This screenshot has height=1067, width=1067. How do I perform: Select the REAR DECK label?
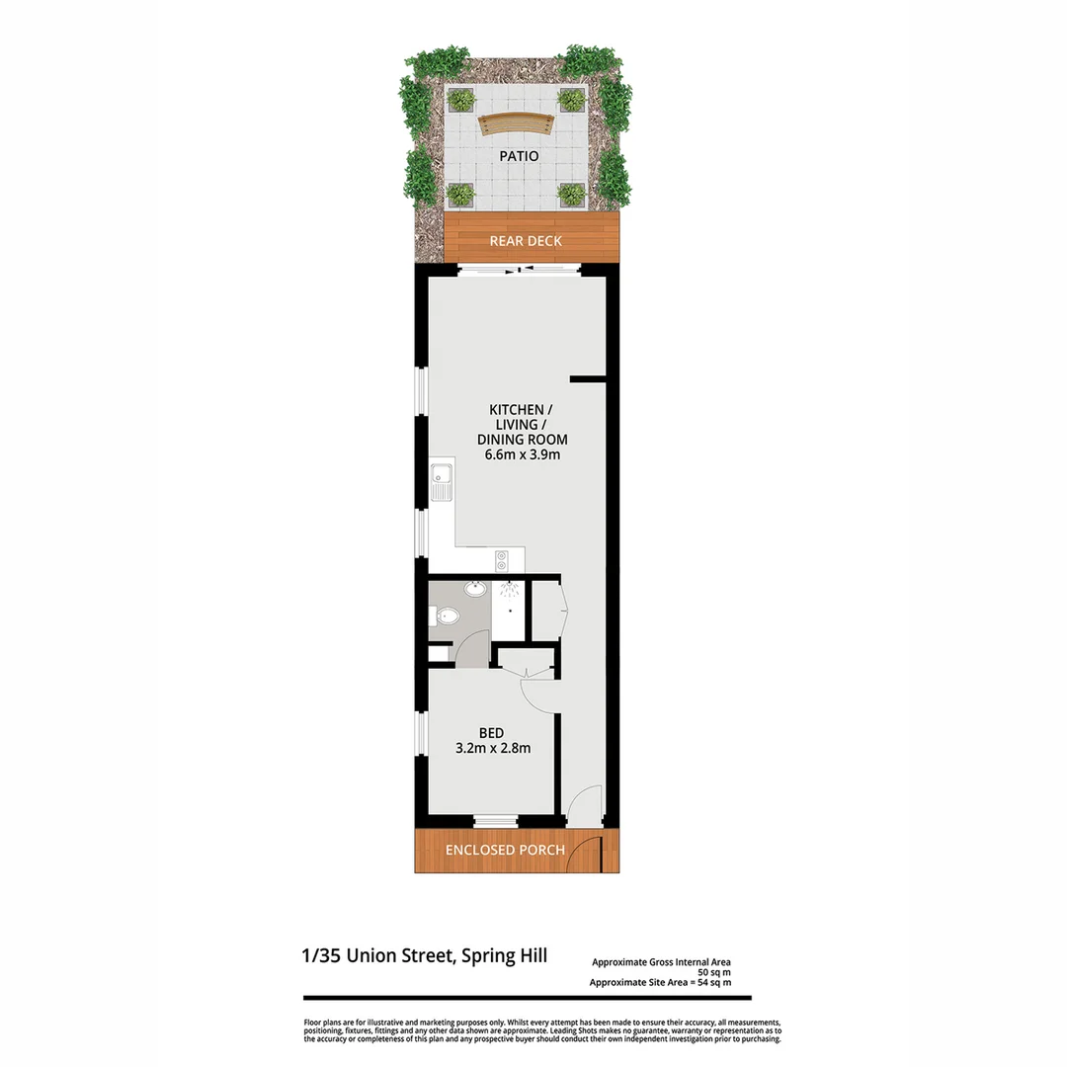tap(526, 240)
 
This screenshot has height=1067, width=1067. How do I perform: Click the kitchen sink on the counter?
tap(441, 486)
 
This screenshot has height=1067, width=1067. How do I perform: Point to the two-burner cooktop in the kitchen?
tap(501, 560)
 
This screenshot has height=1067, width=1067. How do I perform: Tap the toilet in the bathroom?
tap(446, 616)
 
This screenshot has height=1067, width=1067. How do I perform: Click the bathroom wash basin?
tap(476, 590)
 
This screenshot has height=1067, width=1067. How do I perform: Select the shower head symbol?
tap(509, 591)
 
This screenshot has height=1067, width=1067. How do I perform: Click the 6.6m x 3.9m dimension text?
tap(523, 455)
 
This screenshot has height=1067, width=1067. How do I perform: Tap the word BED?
tap(491, 732)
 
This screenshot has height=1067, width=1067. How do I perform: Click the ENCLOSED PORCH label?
tap(505, 850)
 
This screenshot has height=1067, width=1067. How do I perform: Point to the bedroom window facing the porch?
tap(494, 820)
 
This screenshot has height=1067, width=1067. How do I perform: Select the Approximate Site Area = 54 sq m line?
tap(660, 982)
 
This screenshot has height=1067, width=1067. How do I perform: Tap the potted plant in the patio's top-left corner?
tap(461, 99)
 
